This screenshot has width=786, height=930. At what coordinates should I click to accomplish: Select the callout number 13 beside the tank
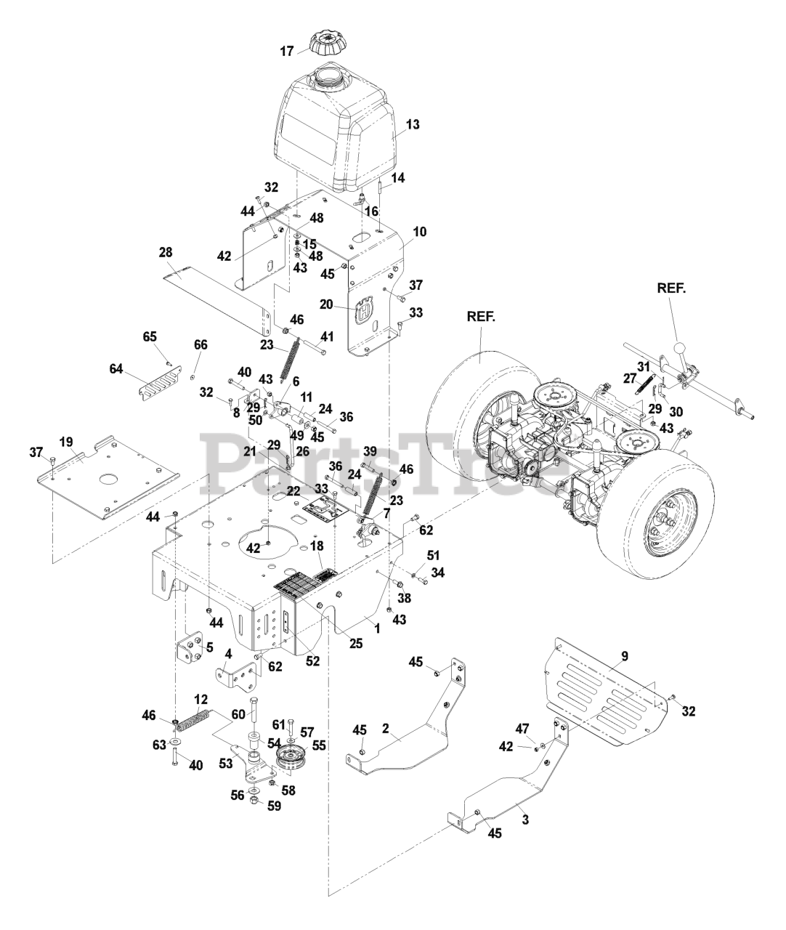pyautogui.click(x=412, y=124)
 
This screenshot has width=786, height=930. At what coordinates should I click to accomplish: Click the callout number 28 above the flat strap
pyautogui.click(x=166, y=252)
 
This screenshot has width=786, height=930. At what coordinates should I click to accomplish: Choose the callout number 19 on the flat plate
pyautogui.click(x=66, y=442)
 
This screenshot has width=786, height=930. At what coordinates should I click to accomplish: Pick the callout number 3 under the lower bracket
pyautogui.click(x=525, y=820)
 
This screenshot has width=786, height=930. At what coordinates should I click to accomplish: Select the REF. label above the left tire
pyautogui.click(x=480, y=316)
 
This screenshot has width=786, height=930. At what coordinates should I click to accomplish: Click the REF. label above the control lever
pyautogui.click(x=671, y=288)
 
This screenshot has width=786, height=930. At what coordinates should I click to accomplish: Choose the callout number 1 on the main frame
pyautogui.click(x=377, y=628)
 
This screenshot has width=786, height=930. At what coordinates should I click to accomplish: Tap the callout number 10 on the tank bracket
pyautogui.click(x=419, y=232)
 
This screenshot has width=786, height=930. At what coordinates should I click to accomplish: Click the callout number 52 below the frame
pyautogui.click(x=312, y=660)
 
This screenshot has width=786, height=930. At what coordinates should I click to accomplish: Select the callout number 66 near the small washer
pyautogui.click(x=200, y=345)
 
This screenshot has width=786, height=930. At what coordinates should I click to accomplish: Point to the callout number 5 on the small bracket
pyautogui.click(x=209, y=647)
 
